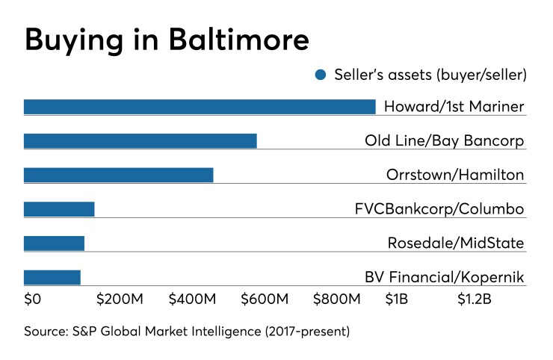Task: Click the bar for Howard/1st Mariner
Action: [200, 107]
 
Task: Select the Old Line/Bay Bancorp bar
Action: [140, 141]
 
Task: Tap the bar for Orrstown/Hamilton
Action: [119, 176]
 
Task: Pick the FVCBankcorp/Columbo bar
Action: [59, 209]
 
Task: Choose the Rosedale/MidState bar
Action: [54, 243]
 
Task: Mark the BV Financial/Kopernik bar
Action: [52, 278]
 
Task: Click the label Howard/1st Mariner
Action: [454, 107]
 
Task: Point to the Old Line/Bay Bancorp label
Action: [444, 141]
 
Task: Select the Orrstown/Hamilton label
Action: [455, 176]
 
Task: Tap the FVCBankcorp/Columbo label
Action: [439, 209]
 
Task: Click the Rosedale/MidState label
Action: [455, 243]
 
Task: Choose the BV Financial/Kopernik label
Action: [444, 278]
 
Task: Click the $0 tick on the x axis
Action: [34, 300]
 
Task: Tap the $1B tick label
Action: [397, 300]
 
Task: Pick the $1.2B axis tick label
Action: [475, 300]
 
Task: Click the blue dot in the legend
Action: [321, 75]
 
